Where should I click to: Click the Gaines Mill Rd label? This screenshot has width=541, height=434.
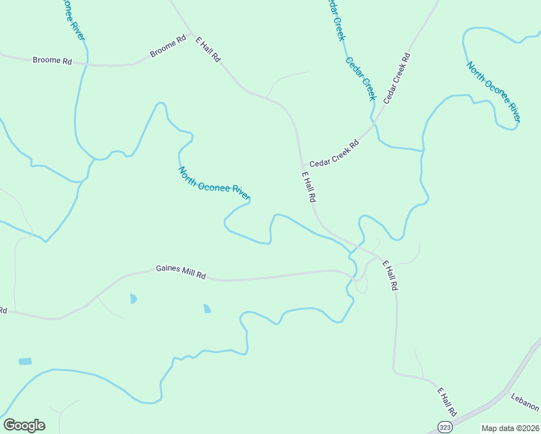pos(181,272)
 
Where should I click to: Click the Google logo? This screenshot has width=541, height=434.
pos(24,425)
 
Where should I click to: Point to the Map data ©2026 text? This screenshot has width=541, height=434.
pos(509,428)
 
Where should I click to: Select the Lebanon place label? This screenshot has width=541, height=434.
pos(525,402)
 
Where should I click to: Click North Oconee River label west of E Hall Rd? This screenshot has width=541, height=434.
pos(214,183)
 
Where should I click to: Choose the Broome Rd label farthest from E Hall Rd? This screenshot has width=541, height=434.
pos(52,61)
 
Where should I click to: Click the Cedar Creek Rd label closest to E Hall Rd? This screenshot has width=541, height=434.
pos(333,153)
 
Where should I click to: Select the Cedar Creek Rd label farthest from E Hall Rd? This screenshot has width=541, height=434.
pos(396,77)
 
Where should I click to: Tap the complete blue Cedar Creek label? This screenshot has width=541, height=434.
pos(361,78)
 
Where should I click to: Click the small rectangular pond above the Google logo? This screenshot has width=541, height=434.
pos(25,361)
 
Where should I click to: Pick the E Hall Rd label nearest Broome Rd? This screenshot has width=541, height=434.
pos(208,48)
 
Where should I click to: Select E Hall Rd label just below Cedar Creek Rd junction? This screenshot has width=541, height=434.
pos(309,187)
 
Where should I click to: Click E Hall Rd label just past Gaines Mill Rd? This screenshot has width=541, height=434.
pos(390,276)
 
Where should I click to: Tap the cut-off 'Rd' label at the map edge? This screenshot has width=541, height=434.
pos(3,310)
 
